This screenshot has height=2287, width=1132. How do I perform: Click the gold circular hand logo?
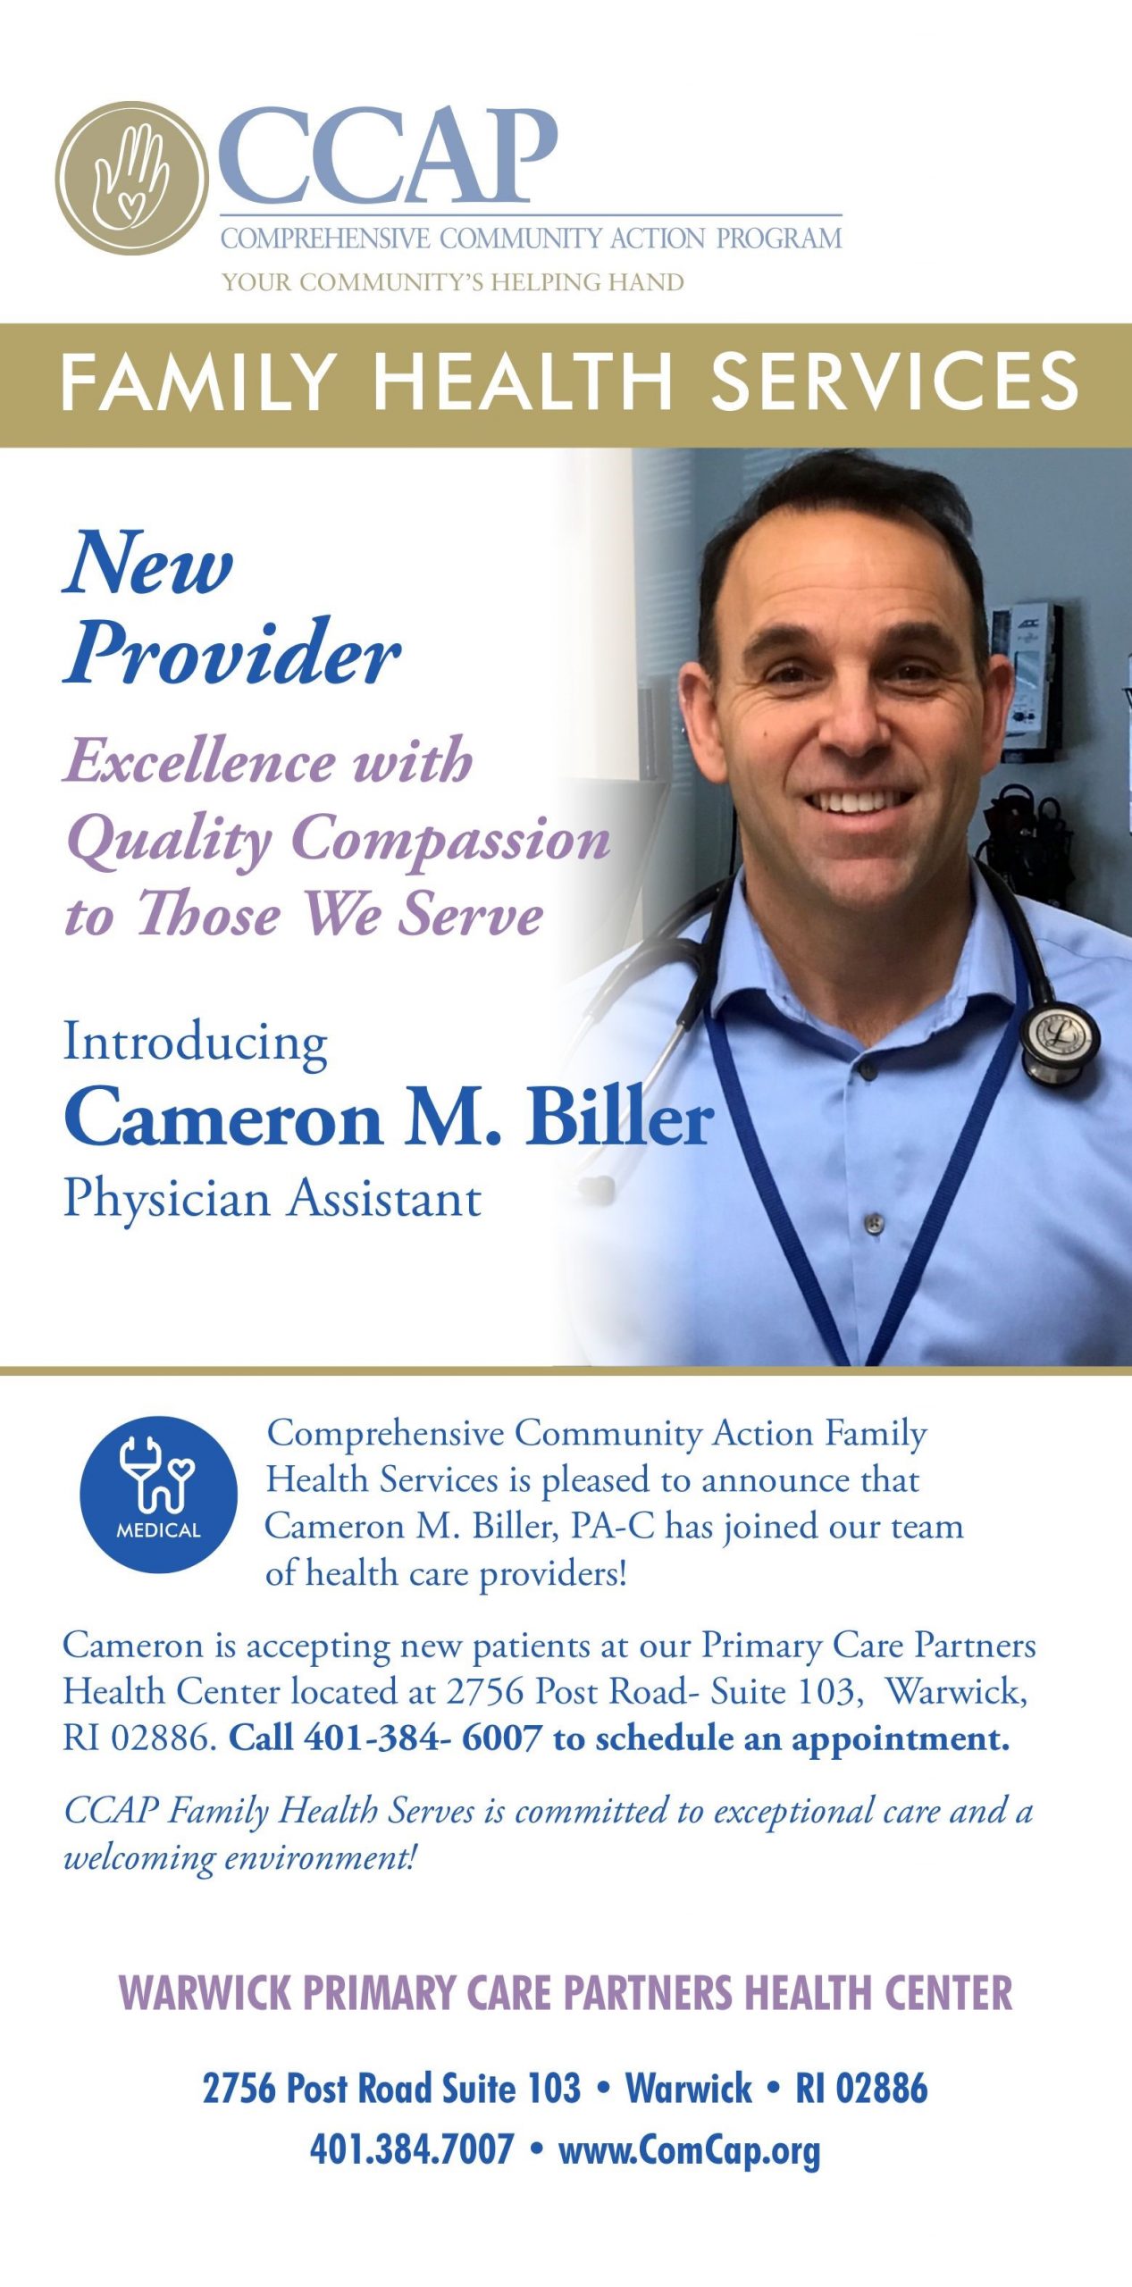click(x=132, y=179)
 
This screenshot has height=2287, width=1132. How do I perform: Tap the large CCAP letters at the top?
click(x=388, y=155)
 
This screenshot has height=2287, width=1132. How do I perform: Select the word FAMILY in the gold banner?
click(x=197, y=381)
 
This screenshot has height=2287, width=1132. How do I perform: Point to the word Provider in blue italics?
click(x=232, y=653)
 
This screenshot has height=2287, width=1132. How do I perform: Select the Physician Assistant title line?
click(x=273, y=1198)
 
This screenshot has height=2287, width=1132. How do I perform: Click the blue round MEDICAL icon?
click(x=158, y=1495)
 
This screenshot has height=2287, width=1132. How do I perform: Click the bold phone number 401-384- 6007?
click(x=423, y=1738)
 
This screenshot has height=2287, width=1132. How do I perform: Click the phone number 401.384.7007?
click(x=412, y=2148)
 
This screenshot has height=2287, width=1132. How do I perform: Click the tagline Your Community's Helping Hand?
click(x=453, y=282)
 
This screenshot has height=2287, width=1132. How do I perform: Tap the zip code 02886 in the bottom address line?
click(x=882, y=2089)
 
